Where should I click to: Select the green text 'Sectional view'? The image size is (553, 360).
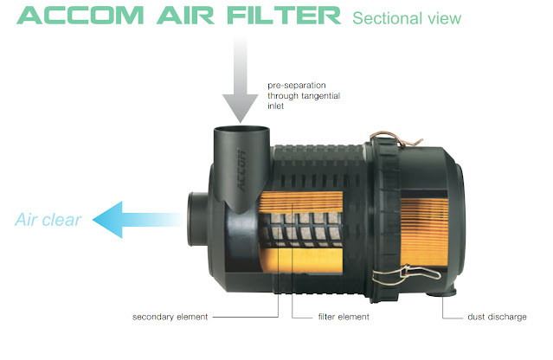click(x=407, y=18)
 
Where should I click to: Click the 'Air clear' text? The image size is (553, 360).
click(x=48, y=220)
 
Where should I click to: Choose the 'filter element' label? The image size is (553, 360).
click(x=344, y=318)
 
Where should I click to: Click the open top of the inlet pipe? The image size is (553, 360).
click(x=240, y=132)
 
